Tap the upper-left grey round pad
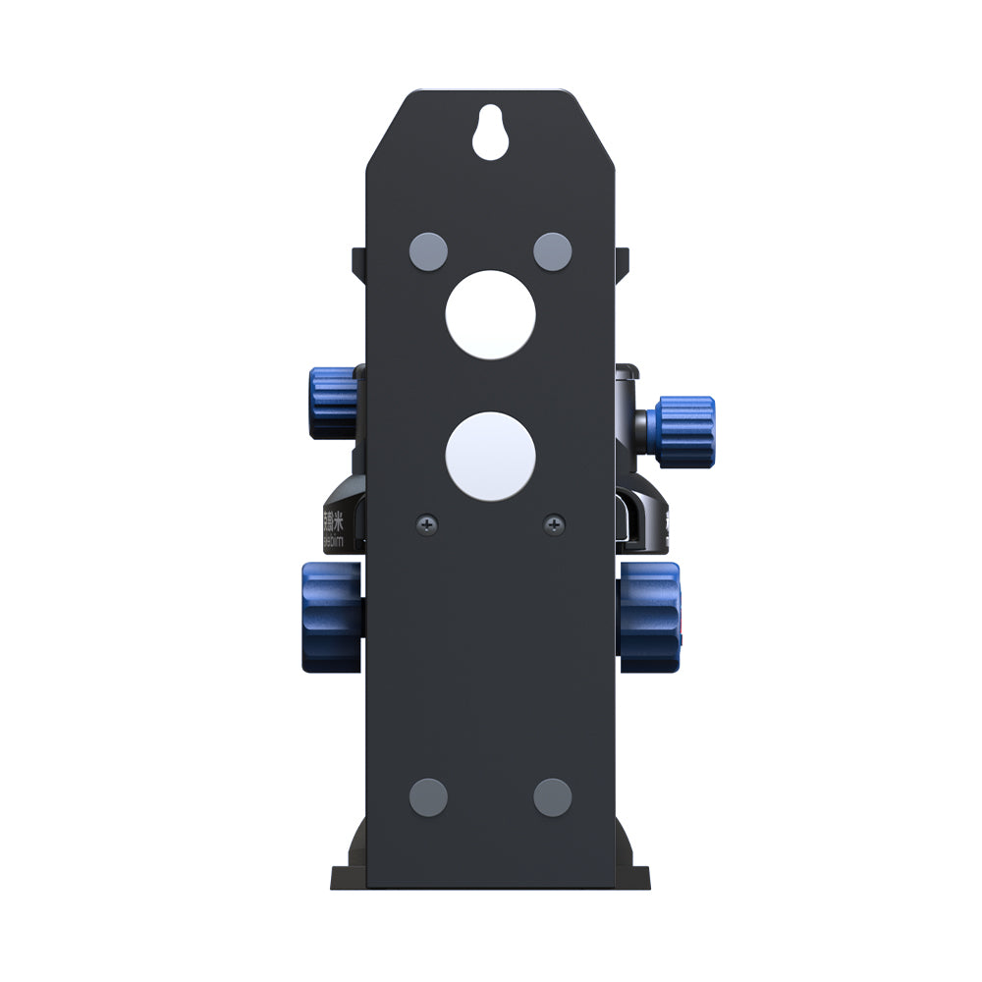tap(428, 249)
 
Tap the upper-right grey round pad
tap(553, 249)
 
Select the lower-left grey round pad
tap(428, 796)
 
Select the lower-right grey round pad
tap(553, 796)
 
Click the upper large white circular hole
tap(490, 314)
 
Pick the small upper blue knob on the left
tap(332, 404)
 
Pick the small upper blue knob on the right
tap(685, 432)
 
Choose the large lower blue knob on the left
tap(331, 617)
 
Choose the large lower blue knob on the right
tap(650, 616)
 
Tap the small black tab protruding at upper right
tap(622, 259)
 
